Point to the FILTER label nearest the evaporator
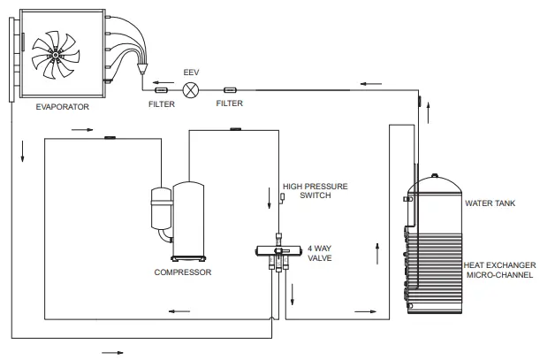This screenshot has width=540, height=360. pyautogui.click(x=161, y=103)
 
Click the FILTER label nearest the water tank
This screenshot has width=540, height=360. pyautogui.click(x=230, y=103)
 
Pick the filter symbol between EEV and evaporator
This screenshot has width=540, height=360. pyautogui.click(x=162, y=89)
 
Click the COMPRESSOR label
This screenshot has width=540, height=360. pyautogui.click(x=183, y=272)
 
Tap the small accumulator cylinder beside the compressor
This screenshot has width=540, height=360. pyautogui.click(x=160, y=209)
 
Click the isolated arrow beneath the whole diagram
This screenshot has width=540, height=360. pyautogui.click(x=111, y=352)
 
